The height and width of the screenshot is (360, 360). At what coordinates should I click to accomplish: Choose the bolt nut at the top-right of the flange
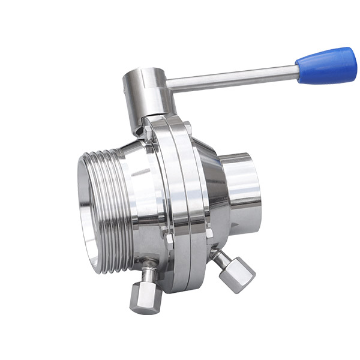(187, 127)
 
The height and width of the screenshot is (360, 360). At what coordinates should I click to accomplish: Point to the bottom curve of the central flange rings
(180, 282)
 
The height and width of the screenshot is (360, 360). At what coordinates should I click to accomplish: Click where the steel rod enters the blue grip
(298, 71)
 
